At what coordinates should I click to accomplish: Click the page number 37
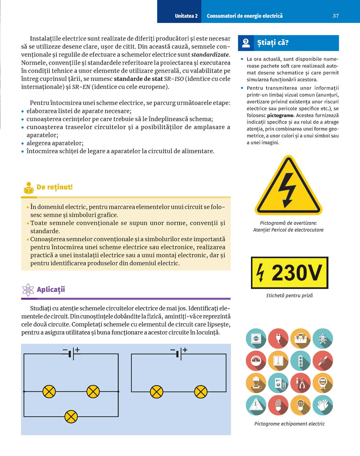click(336, 16)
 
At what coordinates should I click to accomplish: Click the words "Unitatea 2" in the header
click(186, 16)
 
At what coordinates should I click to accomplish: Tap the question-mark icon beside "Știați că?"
click(246, 43)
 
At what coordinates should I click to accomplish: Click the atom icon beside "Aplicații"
click(28, 290)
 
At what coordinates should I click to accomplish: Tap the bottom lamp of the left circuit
click(71, 417)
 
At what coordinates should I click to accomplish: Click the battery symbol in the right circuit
click(179, 354)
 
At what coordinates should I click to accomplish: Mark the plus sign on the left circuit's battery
click(77, 350)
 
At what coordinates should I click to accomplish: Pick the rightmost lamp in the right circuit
click(201, 392)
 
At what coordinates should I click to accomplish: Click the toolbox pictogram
click(300, 338)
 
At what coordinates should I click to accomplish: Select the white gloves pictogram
click(323, 405)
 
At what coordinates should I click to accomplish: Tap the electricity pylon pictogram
click(323, 338)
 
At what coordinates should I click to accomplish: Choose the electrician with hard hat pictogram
click(256, 383)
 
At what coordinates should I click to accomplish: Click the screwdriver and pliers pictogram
click(300, 383)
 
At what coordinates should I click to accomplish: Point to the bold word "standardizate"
click(210, 55)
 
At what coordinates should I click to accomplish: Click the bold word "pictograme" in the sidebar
click(280, 115)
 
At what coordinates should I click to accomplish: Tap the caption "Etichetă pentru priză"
click(289, 296)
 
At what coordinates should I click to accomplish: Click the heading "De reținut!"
click(55, 187)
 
